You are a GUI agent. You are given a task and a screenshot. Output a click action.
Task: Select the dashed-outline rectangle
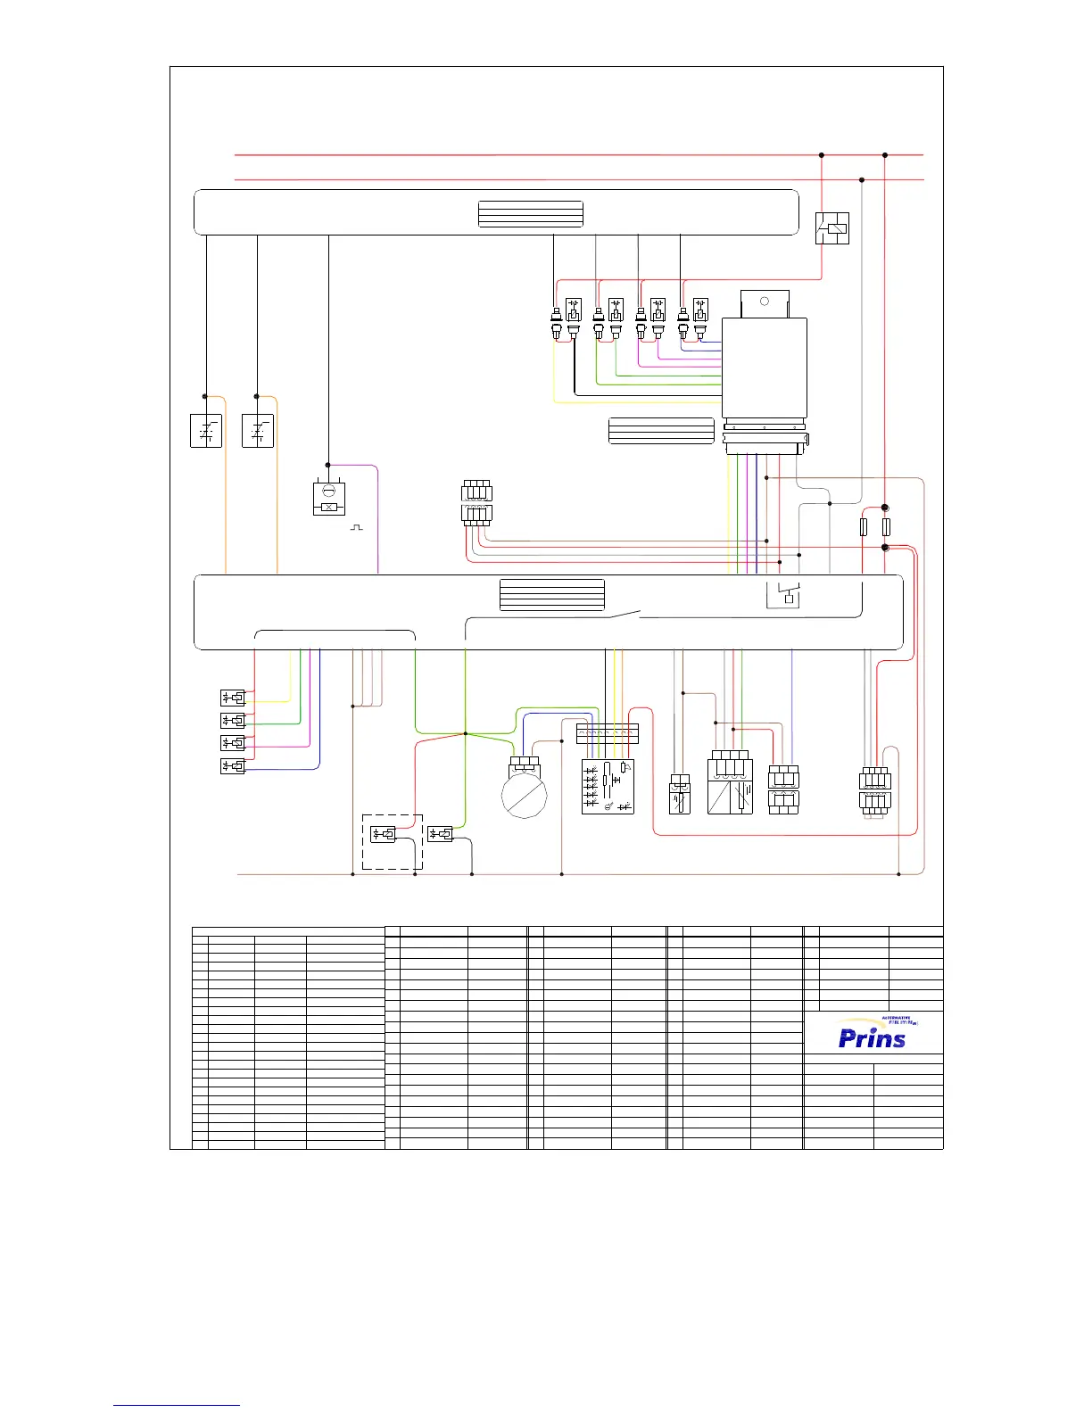(392, 841)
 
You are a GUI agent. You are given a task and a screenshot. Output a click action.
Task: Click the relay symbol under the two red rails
(832, 228)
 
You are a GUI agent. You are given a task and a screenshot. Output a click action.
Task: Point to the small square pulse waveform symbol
(357, 527)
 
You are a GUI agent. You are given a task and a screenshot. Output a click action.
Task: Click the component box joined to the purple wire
(328, 499)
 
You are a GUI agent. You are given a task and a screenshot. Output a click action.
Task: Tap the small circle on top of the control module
(764, 302)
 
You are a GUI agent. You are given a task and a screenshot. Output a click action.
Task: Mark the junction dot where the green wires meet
(465, 734)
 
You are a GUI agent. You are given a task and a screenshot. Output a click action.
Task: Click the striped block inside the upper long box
(531, 214)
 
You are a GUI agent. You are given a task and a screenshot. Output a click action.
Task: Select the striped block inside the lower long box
(552, 595)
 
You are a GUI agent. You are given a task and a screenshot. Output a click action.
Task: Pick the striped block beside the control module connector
(661, 430)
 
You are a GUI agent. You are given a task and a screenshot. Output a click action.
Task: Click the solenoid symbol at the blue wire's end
(232, 765)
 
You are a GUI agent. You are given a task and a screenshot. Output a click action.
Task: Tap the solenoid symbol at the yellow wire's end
(232, 698)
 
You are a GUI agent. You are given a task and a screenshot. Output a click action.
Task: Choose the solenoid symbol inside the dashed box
(383, 834)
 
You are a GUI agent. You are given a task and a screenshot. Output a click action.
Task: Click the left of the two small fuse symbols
(863, 527)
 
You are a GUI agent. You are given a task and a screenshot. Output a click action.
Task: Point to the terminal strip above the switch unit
(608, 733)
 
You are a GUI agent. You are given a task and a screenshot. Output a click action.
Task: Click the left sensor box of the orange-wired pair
(207, 431)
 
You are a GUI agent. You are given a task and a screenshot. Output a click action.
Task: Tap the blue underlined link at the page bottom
(177, 1406)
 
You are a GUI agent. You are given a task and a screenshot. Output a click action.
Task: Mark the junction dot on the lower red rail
(862, 180)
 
